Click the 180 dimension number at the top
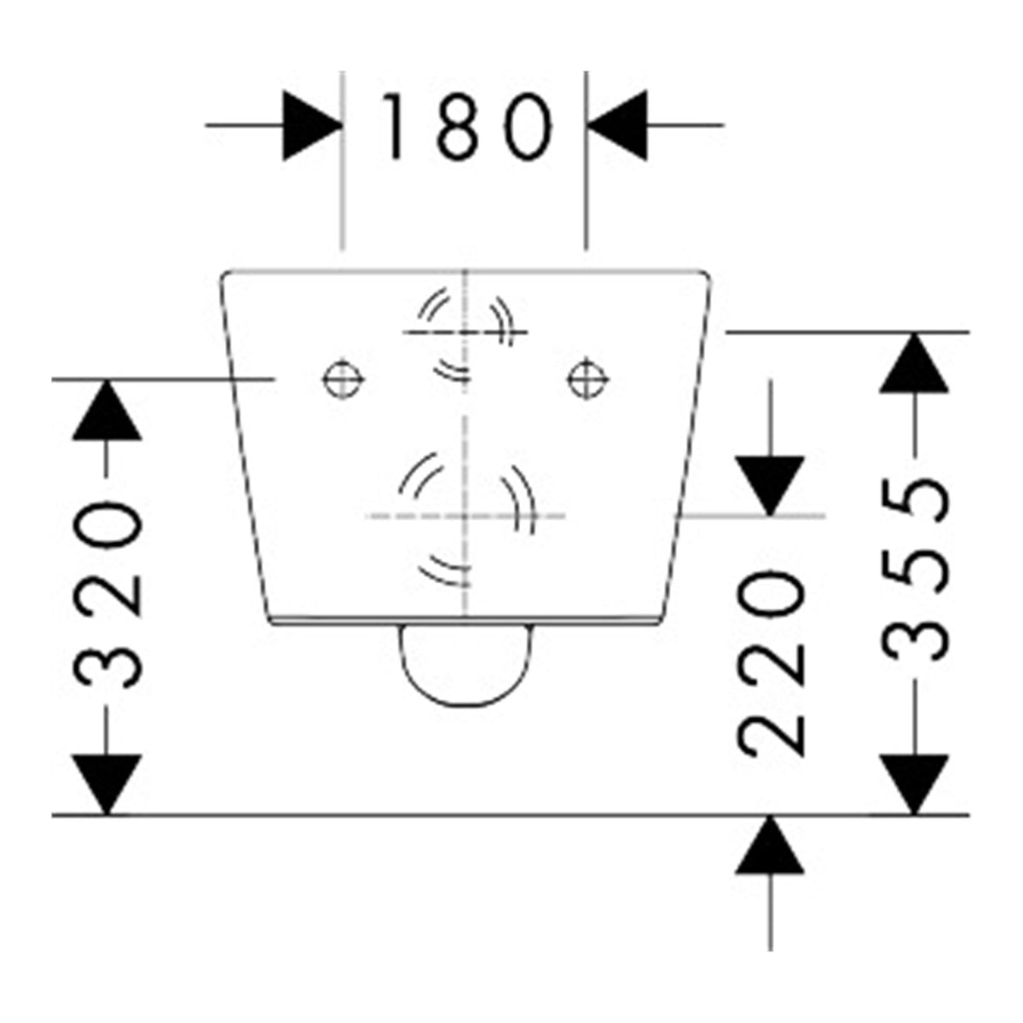pos(467,127)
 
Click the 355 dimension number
pos(914,569)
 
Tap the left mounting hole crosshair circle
pos(344,379)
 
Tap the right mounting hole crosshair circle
pos(587,379)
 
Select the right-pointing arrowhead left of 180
pos(312,126)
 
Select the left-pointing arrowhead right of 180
pos(617,126)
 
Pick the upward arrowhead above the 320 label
pos(107,410)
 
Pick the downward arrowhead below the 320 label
pos(107,783)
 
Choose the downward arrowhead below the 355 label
pos(914,783)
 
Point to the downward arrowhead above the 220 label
pos(770,486)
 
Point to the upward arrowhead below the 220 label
pos(770,845)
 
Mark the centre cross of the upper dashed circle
pos(465,332)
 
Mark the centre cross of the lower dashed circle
pos(465,516)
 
